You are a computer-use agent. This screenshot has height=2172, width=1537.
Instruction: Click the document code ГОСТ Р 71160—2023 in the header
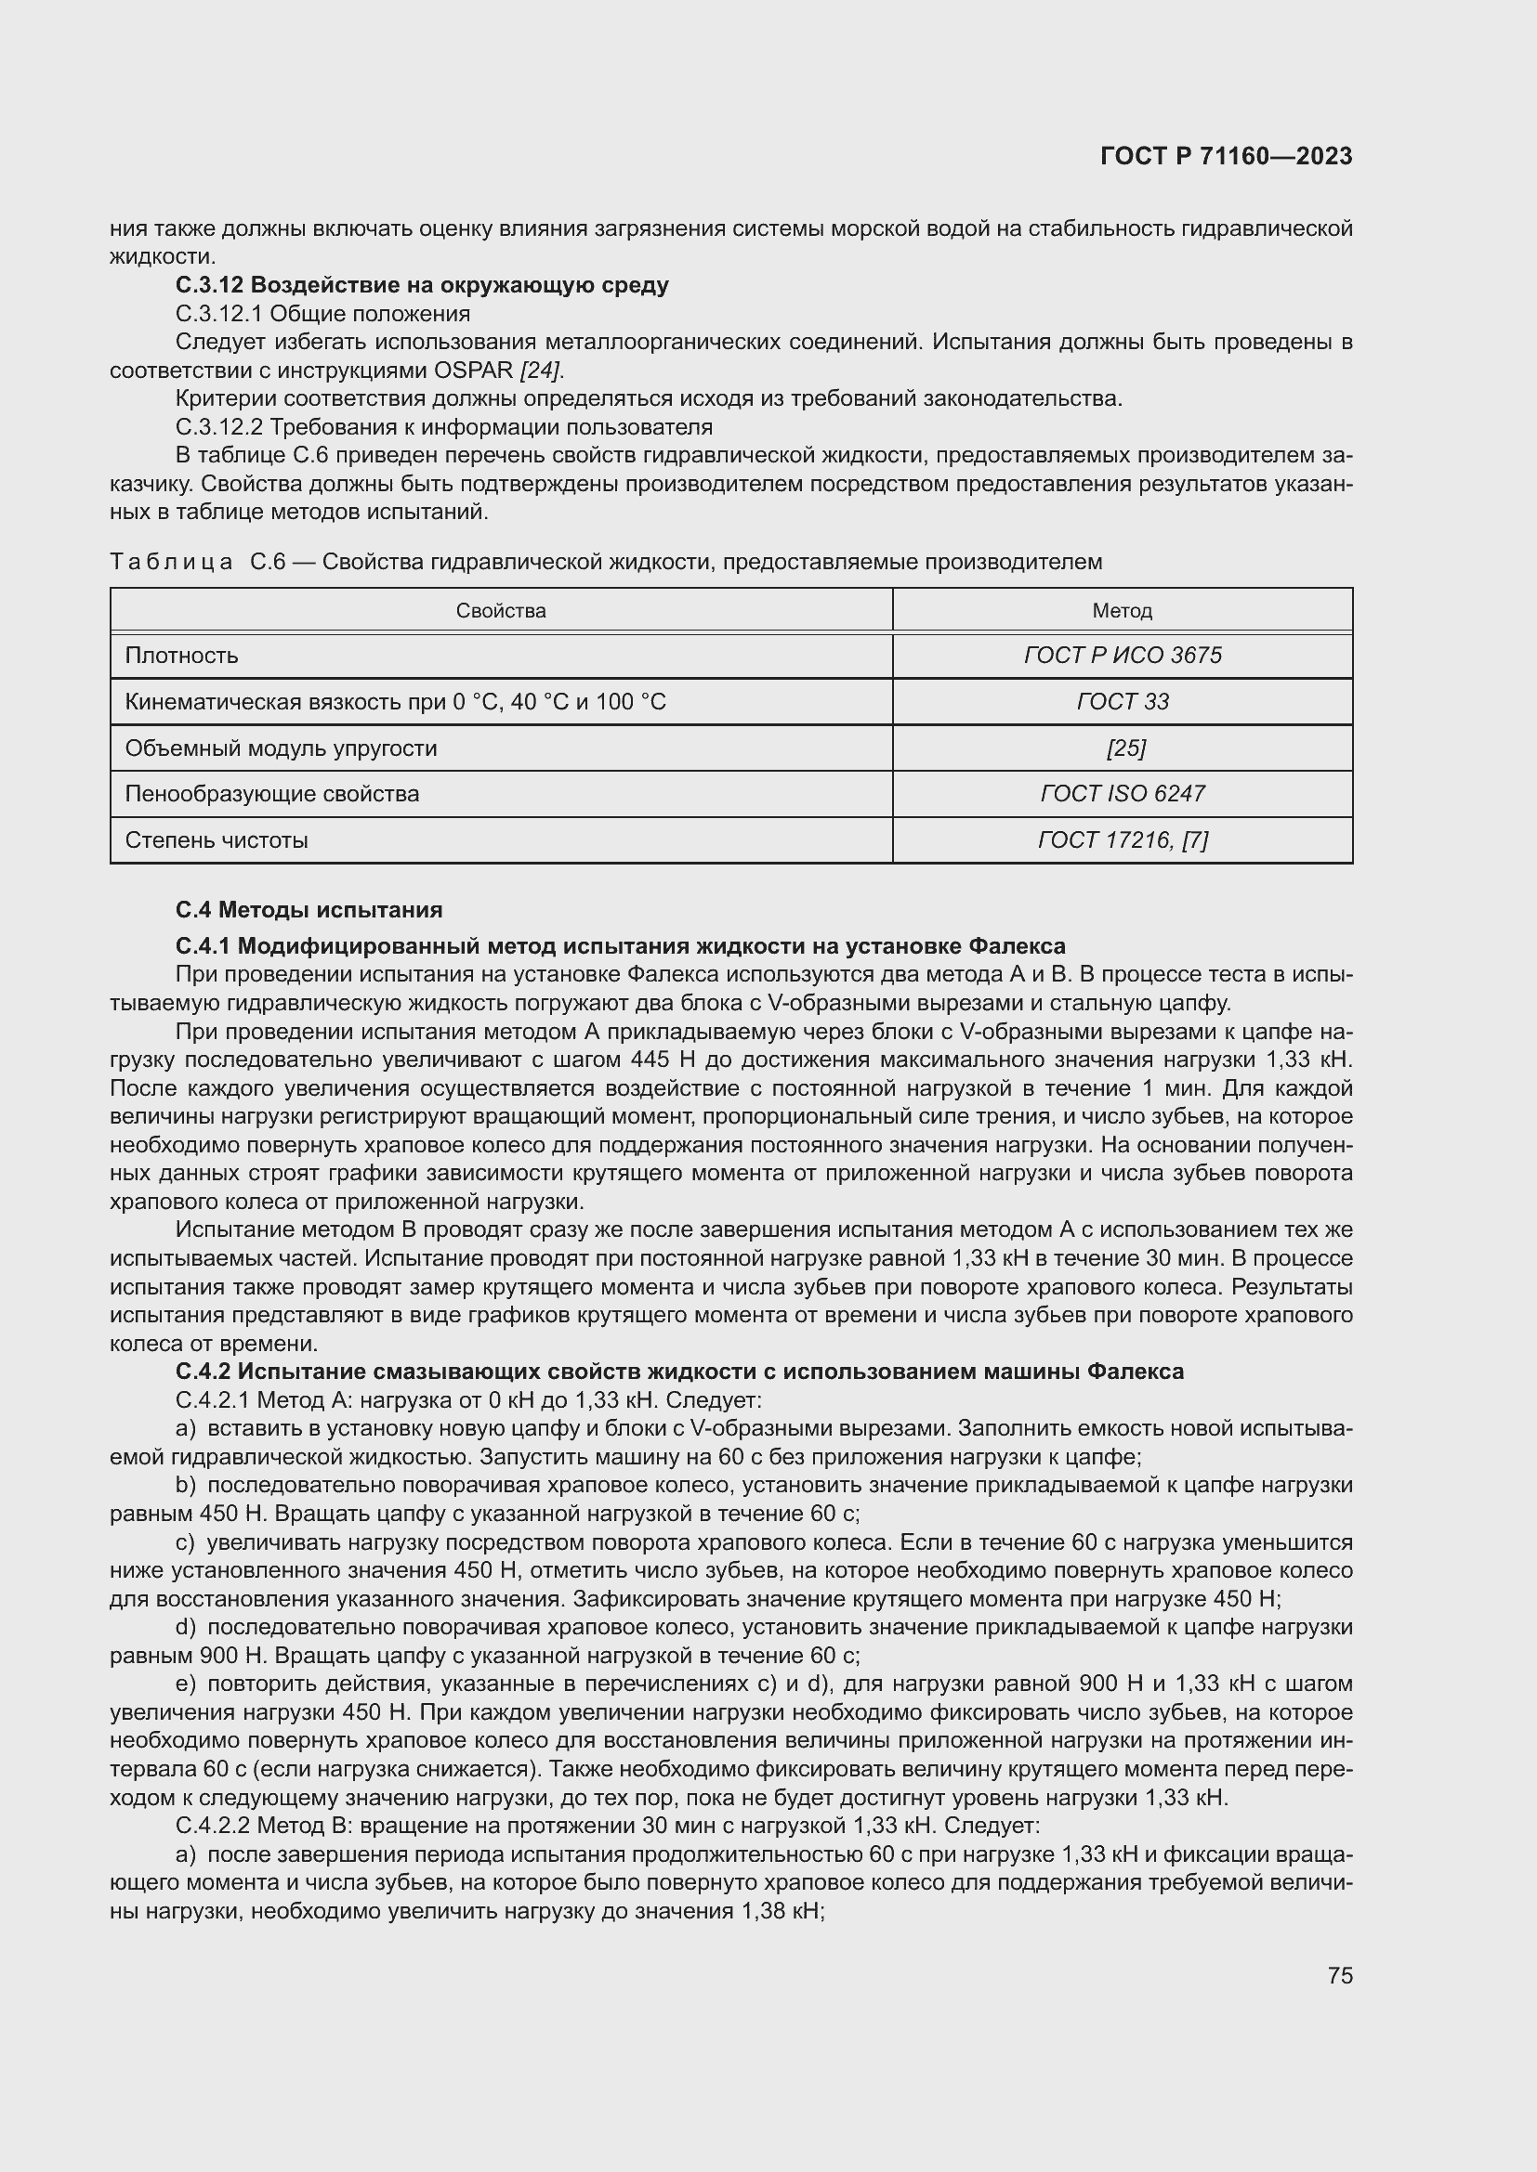click(1226, 156)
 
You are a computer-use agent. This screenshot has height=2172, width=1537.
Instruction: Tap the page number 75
click(1339, 1975)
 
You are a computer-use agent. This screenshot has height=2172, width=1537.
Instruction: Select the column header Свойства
click(501, 611)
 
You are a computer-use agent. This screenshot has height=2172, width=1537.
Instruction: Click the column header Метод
click(1122, 611)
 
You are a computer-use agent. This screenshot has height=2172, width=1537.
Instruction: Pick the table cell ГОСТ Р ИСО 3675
click(1122, 656)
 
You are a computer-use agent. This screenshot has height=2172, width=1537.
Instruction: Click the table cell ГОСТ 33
click(1122, 702)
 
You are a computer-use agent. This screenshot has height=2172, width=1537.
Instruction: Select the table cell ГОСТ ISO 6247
click(1122, 794)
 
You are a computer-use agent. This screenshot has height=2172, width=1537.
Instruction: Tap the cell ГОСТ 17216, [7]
click(1122, 840)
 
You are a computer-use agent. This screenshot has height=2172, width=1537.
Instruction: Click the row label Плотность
click(182, 656)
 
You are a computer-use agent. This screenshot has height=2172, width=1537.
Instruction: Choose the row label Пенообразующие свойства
click(272, 794)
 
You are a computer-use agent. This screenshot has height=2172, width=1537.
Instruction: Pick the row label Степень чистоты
click(217, 840)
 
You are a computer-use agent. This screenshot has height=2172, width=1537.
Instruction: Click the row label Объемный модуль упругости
click(281, 748)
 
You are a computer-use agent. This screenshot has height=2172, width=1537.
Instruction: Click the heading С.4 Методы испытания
click(309, 910)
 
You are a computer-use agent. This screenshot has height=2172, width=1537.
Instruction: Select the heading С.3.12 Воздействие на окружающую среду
click(422, 285)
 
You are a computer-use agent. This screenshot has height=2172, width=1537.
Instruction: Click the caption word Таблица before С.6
click(171, 562)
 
